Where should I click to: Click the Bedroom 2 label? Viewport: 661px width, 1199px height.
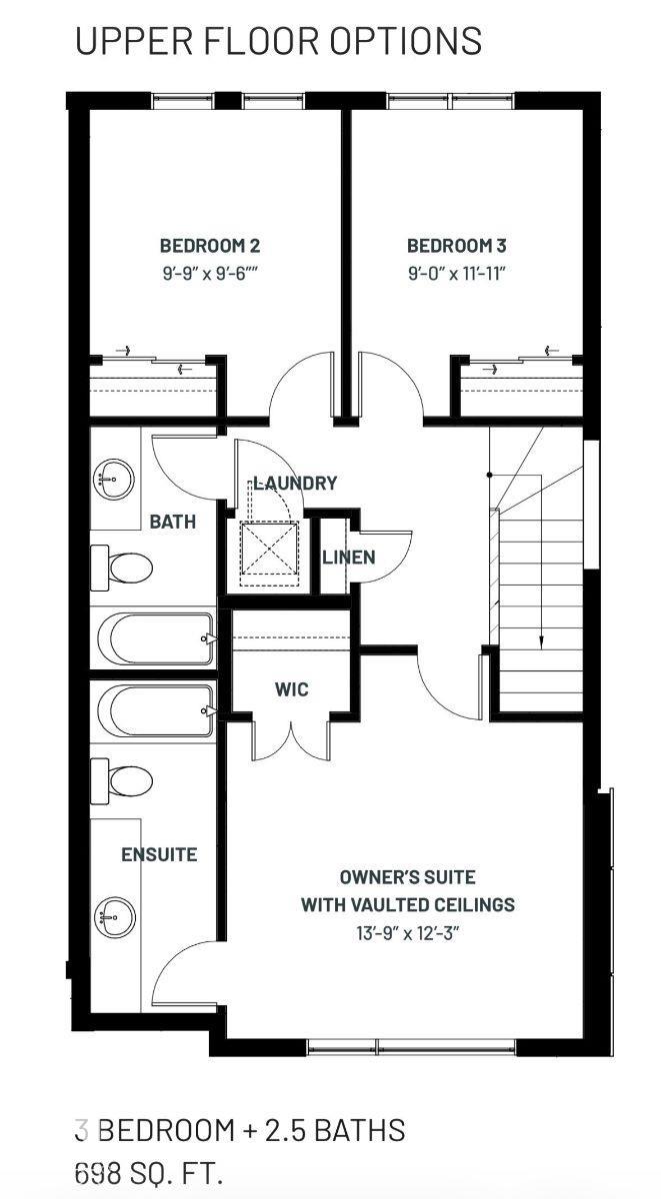tap(210, 246)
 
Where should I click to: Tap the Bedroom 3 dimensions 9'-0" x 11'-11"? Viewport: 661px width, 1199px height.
tap(457, 274)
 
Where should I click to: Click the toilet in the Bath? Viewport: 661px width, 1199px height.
tap(121, 568)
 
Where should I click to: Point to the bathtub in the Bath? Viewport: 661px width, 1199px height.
tap(155, 638)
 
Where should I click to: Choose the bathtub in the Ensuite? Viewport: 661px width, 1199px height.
tap(155, 710)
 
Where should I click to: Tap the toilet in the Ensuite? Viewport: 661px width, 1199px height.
tap(121, 781)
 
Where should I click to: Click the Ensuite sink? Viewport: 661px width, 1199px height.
tap(114, 916)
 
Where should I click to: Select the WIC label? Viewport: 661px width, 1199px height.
tap(291, 688)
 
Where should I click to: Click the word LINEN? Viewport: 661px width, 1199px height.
tap(349, 558)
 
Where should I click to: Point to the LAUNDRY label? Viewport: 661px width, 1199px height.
tap(295, 483)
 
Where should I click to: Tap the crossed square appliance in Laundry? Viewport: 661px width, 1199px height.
tap(269, 549)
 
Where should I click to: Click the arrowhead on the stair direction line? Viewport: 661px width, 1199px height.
tap(541, 641)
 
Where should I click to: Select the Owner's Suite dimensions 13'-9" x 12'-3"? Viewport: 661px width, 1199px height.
tap(408, 933)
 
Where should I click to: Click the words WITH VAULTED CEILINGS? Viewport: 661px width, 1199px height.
tap(408, 904)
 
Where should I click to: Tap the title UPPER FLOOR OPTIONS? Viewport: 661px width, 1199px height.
tap(278, 41)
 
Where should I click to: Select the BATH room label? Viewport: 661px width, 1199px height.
tap(172, 522)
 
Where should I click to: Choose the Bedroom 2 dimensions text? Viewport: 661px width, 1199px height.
tap(211, 274)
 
